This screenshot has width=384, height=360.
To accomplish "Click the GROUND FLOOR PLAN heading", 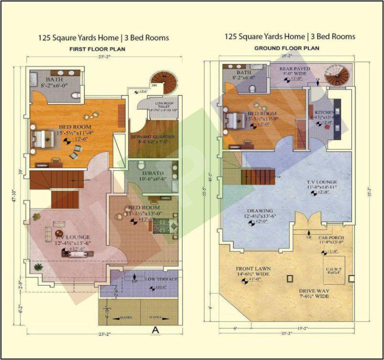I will click(x=286, y=48).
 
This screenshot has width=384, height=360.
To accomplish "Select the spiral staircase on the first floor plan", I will click(x=160, y=79).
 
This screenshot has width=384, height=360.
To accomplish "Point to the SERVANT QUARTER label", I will click(x=152, y=136).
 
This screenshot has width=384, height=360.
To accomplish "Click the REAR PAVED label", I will click(x=294, y=69).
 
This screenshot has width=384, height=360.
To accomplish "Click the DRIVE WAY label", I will click(x=313, y=290).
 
